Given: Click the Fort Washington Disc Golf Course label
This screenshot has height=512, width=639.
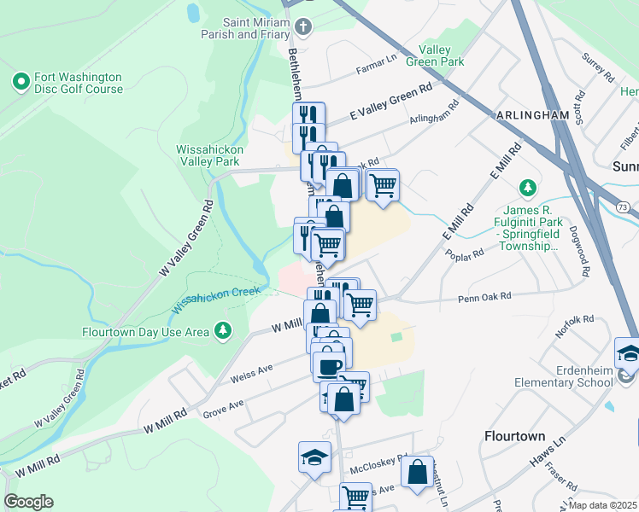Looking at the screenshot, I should (x=79, y=82).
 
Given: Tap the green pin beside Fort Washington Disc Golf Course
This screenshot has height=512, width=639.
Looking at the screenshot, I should (x=21, y=82).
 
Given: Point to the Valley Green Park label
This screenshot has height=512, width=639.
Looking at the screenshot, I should (x=442, y=55).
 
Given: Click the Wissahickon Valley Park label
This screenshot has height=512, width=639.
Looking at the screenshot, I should (x=209, y=154).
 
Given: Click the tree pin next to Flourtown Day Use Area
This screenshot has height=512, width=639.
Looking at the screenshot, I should (x=223, y=329).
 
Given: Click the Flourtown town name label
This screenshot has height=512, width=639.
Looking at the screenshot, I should (x=514, y=436).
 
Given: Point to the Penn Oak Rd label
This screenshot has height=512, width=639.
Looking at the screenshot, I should (x=484, y=297).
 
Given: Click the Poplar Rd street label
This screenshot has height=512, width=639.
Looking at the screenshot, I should (x=464, y=253).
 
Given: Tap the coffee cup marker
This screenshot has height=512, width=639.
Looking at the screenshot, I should (x=327, y=366).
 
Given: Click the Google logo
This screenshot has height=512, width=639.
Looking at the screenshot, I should (x=28, y=502).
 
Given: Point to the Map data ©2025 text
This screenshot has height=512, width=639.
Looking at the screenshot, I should (x=602, y=505).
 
